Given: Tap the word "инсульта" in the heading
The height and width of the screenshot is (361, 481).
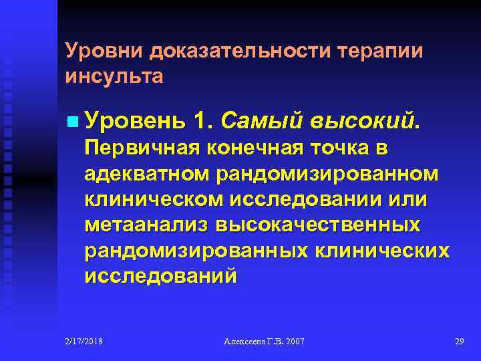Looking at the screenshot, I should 114,76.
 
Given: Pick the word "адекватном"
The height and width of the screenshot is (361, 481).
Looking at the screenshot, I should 147,173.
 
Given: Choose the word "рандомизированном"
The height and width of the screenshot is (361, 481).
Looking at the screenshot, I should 328,173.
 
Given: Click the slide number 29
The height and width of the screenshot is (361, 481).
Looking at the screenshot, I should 459,342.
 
